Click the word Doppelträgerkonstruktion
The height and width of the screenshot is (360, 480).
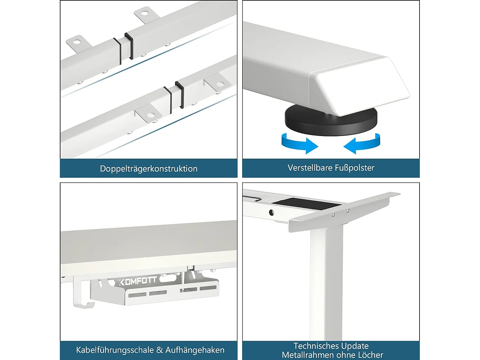(149, 169)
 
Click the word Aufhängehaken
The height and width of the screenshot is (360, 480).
(195, 350)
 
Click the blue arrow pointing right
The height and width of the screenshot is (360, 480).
(299, 144)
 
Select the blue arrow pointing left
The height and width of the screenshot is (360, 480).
(362, 144)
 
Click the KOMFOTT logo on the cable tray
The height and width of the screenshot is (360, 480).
(138, 281)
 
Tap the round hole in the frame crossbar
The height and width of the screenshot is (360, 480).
(271, 212)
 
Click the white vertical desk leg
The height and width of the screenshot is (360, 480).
(326, 284)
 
